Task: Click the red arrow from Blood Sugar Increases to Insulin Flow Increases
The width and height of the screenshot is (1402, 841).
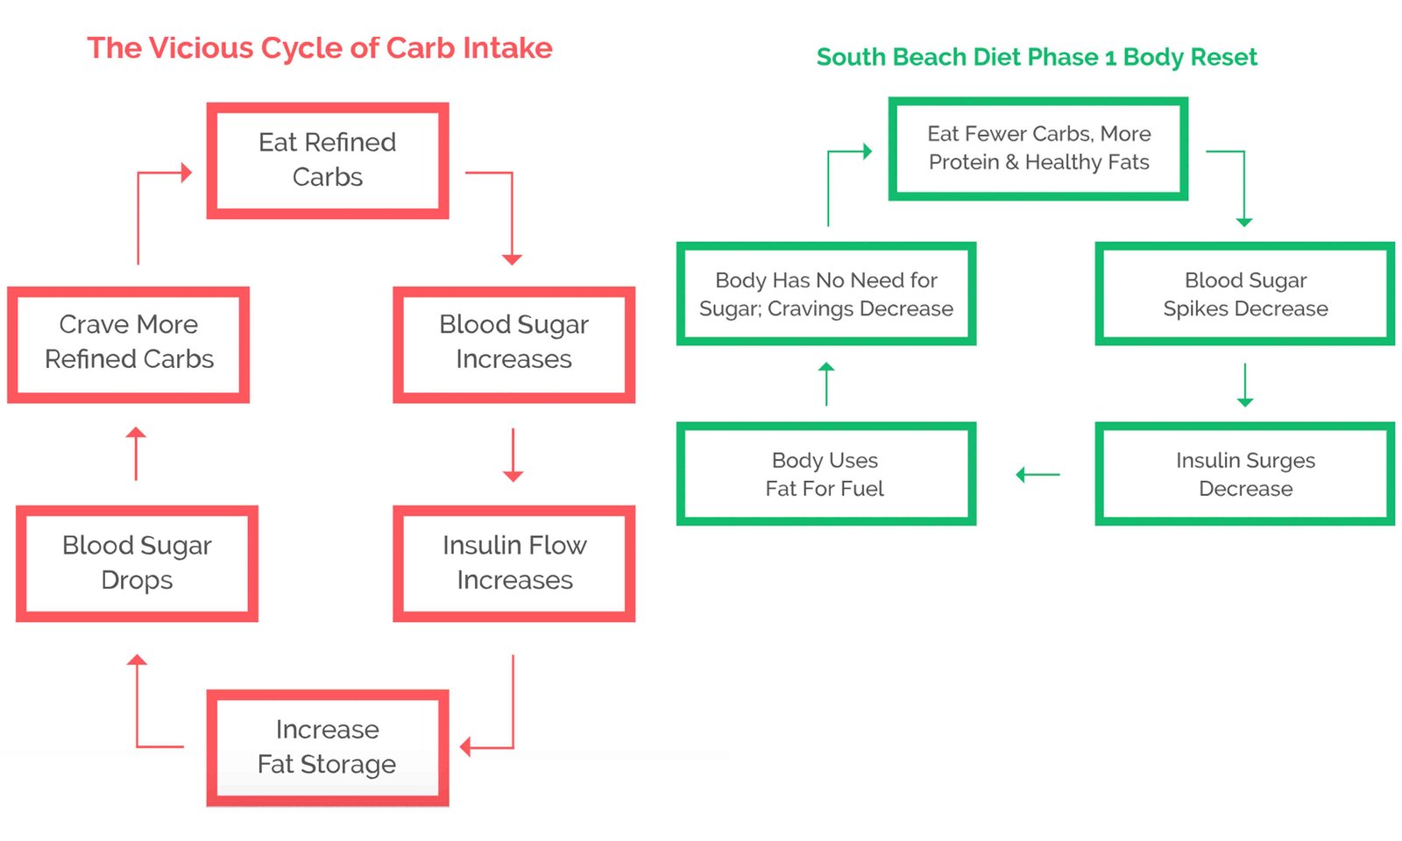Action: [x=513, y=455]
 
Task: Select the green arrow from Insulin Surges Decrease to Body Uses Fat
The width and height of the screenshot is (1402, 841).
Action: [x=1037, y=475]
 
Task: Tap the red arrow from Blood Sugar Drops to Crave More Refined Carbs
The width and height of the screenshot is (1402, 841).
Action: [x=136, y=454]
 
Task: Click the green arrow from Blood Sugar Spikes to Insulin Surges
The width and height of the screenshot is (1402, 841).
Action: [x=1245, y=385]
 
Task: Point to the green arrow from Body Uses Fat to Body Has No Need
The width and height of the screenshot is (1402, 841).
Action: [x=826, y=384]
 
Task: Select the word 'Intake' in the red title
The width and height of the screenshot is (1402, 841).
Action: [x=507, y=48]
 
